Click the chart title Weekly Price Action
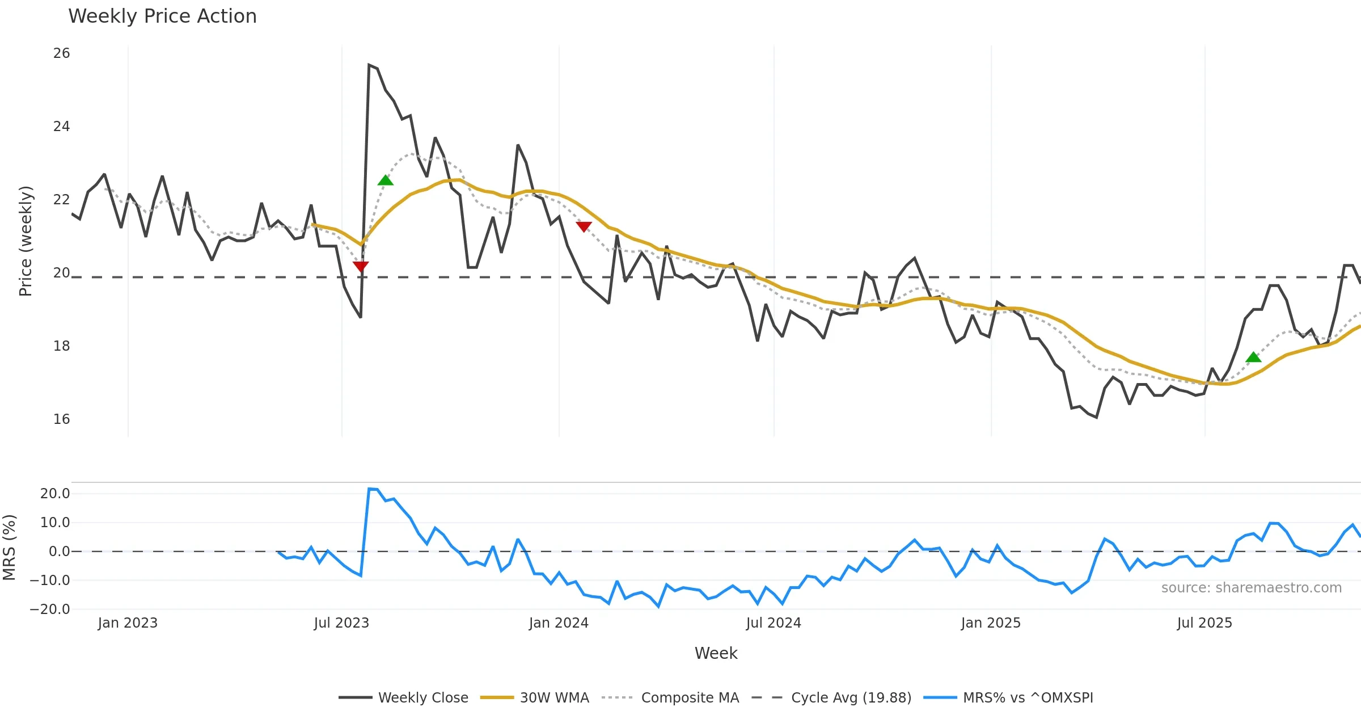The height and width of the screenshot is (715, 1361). [162, 16]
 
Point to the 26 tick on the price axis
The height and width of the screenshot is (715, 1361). [61, 53]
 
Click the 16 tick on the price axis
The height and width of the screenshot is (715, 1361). [61, 419]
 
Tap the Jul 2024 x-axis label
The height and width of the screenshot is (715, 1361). [774, 623]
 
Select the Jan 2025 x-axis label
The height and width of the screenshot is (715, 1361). [991, 623]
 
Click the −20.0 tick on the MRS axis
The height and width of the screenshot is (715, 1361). [50, 609]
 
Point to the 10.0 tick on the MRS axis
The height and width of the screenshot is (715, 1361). [55, 523]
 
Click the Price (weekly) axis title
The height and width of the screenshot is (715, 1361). [26, 241]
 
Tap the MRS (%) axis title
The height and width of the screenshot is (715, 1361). [9, 548]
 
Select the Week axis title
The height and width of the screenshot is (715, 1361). [716, 654]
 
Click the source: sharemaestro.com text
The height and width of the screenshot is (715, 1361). [1251, 588]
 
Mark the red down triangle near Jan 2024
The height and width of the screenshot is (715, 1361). [584, 226]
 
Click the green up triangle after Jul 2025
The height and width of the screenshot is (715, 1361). [1253, 357]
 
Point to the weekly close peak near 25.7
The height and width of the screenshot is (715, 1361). [369, 65]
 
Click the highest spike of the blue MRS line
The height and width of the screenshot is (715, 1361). [369, 489]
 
